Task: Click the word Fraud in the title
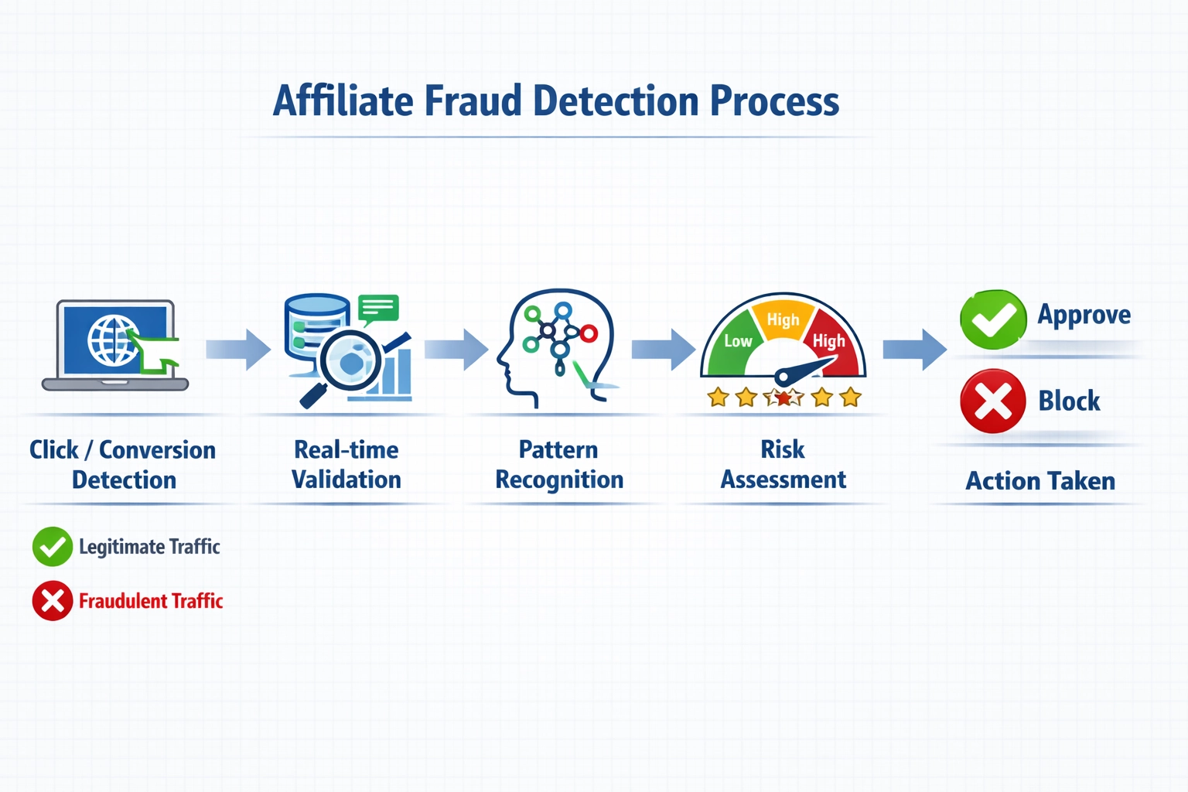[x=473, y=101]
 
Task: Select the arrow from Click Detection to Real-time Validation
[x=238, y=350]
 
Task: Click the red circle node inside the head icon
[x=589, y=334]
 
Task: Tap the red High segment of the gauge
[x=831, y=341]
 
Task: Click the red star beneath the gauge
[x=783, y=398]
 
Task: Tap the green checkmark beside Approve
[x=993, y=319]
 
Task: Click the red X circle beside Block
[x=993, y=401]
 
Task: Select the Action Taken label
[x=1040, y=481]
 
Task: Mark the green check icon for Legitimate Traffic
[x=53, y=547]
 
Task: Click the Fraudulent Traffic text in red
[x=151, y=601]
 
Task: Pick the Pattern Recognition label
[x=559, y=465]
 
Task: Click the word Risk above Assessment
[x=783, y=449]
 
